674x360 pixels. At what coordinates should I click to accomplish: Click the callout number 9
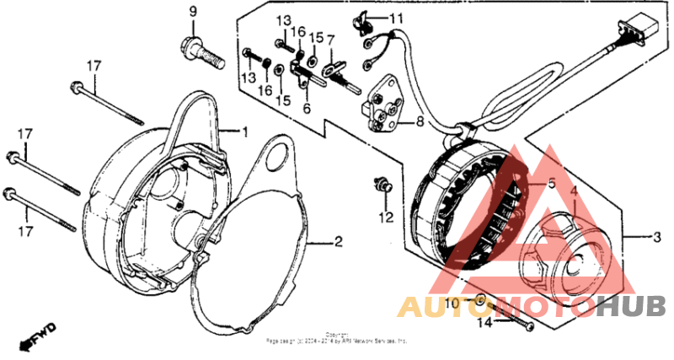click(192, 12)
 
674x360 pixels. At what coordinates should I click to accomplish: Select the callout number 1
click(246, 132)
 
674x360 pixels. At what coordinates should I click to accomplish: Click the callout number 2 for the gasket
click(338, 243)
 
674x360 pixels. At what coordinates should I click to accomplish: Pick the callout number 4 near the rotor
click(574, 191)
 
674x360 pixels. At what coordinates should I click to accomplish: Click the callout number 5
click(551, 184)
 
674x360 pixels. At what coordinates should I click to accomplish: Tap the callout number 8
click(419, 122)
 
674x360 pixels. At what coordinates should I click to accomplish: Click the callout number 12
click(386, 218)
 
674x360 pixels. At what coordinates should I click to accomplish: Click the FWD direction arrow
click(39, 335)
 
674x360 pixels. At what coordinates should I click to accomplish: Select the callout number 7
click(331, 39)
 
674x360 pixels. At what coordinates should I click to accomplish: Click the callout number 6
click(307, 109)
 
